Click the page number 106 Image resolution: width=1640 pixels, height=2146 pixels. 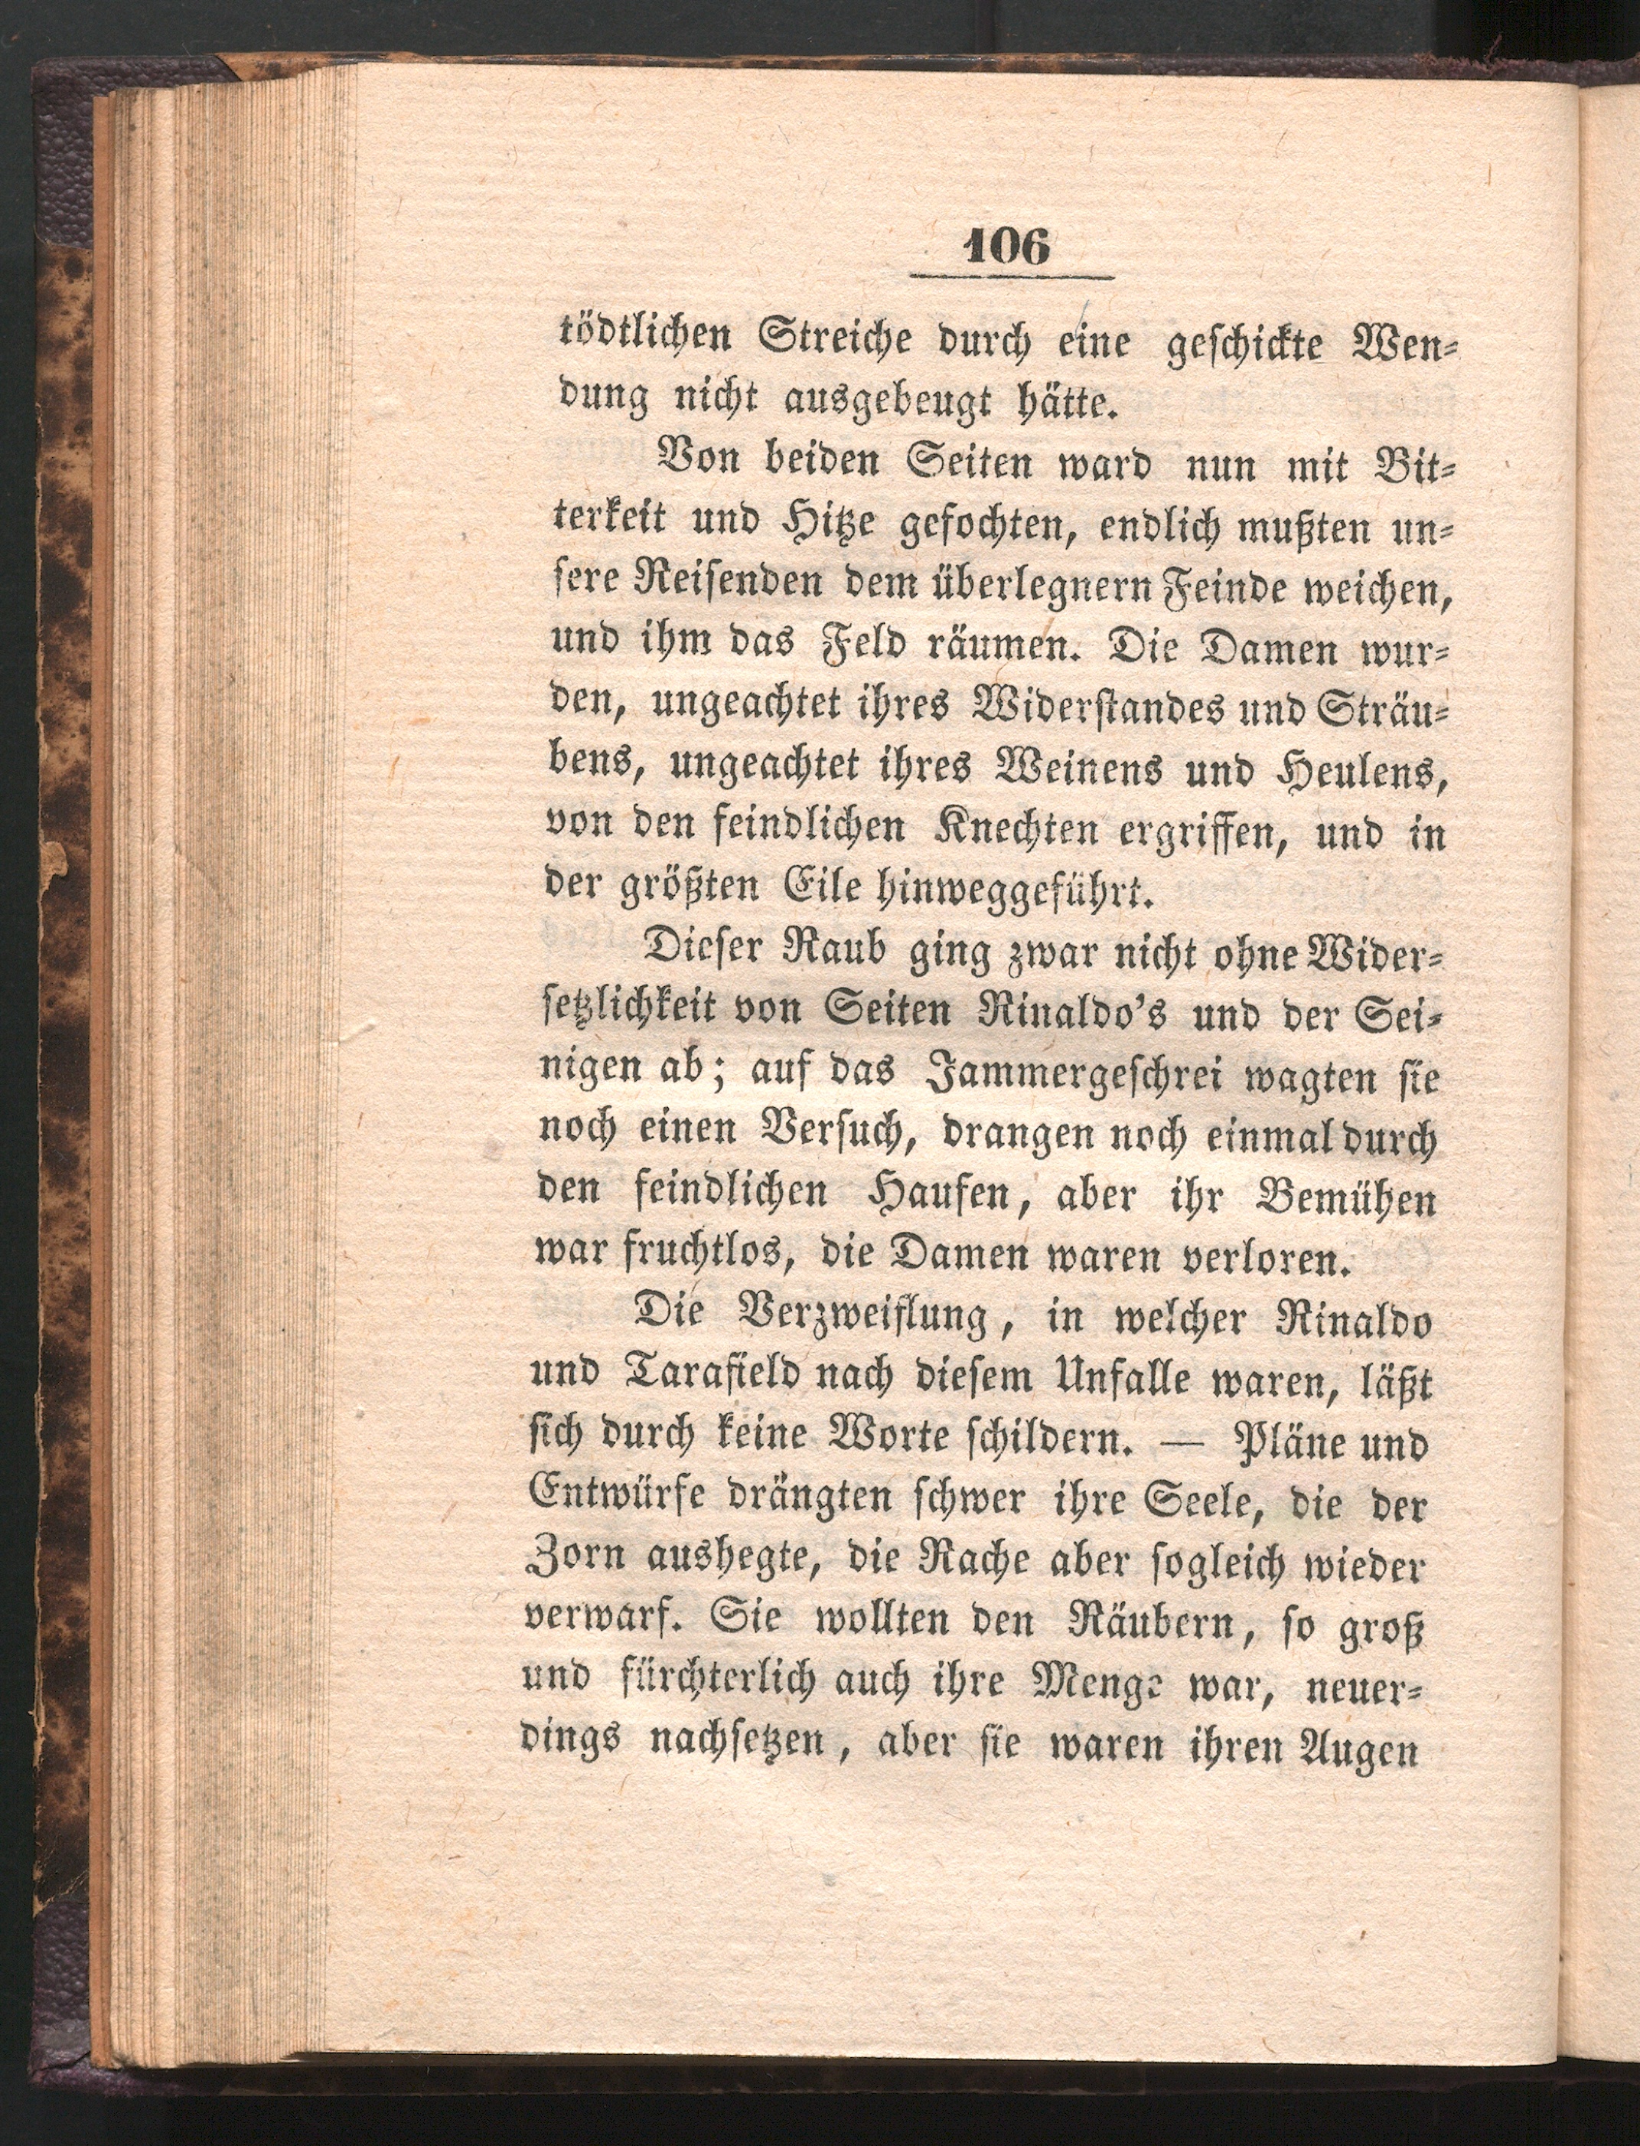coord(1006,246)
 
